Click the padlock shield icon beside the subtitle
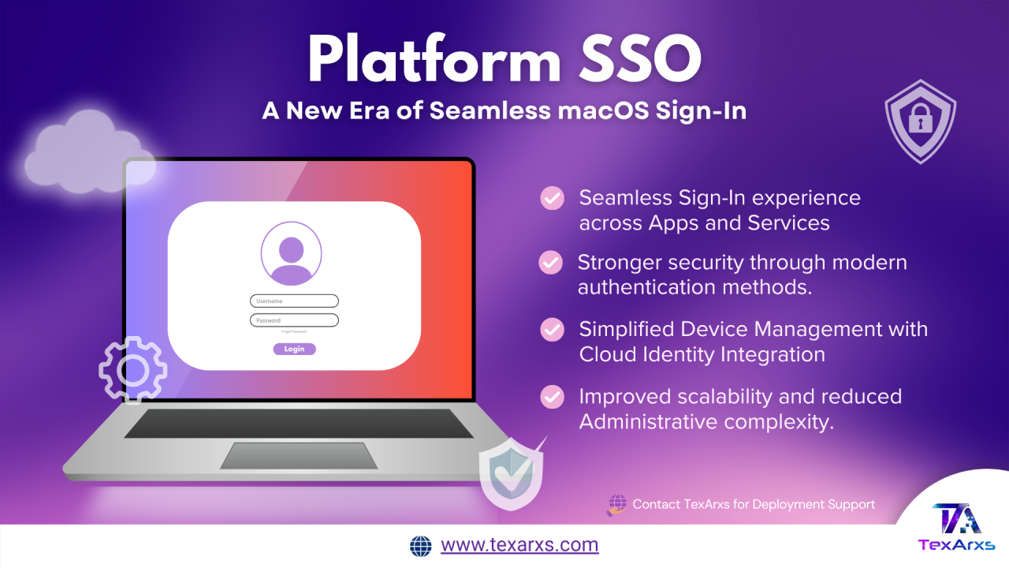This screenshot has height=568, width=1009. (x=920, y=120)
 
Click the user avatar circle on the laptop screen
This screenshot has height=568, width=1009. (x=291, y=253)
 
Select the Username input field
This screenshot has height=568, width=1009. (x=294, y=301)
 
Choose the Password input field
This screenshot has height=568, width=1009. (x=294, y=320)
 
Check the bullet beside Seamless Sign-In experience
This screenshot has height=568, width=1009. (x=552, y=198)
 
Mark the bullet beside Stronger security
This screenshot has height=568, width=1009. (x=550, y=263)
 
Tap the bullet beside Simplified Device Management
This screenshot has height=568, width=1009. (x=552, y=329)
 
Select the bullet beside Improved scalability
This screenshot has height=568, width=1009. (x=552, y=397)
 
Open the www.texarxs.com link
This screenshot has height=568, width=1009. (x=519, y=545)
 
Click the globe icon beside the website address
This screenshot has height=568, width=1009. (x=421, y=546)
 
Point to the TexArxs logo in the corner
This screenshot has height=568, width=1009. (x=956, y=525)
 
